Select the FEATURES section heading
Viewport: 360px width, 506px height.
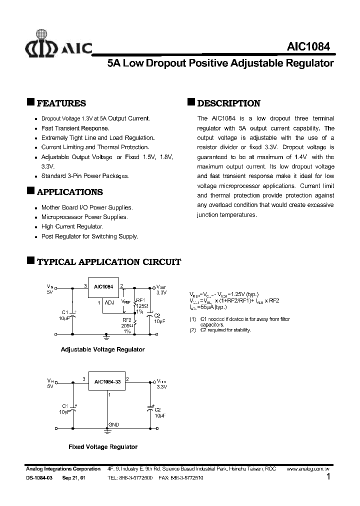pos(61,103)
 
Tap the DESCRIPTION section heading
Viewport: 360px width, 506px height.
pos(228,103)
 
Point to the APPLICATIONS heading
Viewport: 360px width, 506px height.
pos(70,192)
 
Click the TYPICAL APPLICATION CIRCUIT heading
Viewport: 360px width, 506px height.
pos(109,262)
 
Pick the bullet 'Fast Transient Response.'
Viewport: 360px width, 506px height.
pos(75,128)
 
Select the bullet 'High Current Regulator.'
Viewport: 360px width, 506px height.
pos(72,226)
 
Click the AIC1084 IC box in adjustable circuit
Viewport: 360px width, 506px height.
pos(103,287)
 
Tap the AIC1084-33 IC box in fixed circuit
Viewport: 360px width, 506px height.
pos(106,382)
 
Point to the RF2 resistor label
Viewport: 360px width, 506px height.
pos(127,319)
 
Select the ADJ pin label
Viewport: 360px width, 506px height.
pos(109,302)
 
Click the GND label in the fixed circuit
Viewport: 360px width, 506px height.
pos(113,425)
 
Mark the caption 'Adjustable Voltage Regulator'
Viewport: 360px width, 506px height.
pos(102,349)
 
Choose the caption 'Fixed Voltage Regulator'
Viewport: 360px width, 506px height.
pos(103,447)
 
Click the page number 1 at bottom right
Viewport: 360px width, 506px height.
pos(328,477)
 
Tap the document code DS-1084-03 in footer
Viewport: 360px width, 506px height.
pos(39,478)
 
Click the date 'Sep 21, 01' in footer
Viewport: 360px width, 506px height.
pos(73,478)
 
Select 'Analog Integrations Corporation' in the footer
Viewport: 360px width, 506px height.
pos(63,469)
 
